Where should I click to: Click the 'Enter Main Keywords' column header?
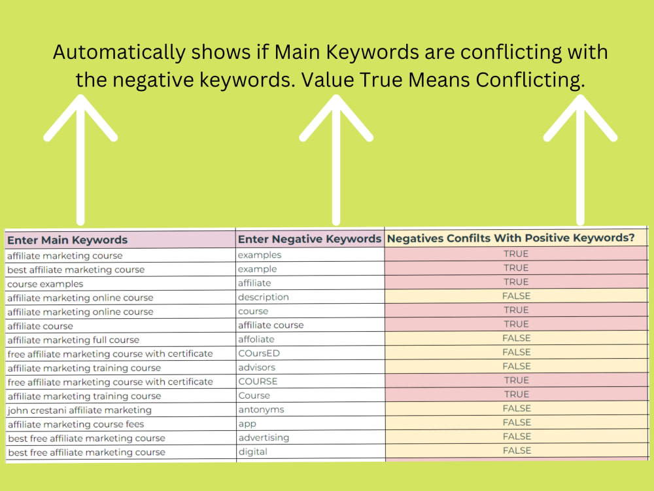click(x=67, y=240)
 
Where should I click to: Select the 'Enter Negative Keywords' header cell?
click(x=309, y=239)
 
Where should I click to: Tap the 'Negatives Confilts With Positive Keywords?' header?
click(x=511, y=238)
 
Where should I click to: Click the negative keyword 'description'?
click(x=263, y=297)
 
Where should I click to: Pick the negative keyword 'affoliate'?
click(x=256, y=339)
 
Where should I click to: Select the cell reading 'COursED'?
click(x=259, y=354)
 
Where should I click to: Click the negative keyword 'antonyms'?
click(x=261, y=410)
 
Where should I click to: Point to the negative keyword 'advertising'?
click(x=264, y=437)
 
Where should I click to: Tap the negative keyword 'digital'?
click(x=252, y=452)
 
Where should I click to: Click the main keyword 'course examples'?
click(x=45, y=284)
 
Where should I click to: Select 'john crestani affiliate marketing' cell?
click(x=79, y=410)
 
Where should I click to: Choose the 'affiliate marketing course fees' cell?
click(x=75, y=424)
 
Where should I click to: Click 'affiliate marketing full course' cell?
click(x=73, y=340)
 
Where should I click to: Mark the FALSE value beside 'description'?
click(x=517, y=296)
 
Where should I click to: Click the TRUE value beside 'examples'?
click(x=516, y=254)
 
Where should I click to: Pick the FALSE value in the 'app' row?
click(x=517, y=422)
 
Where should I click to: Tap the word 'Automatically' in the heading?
click(x=119, y=52)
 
